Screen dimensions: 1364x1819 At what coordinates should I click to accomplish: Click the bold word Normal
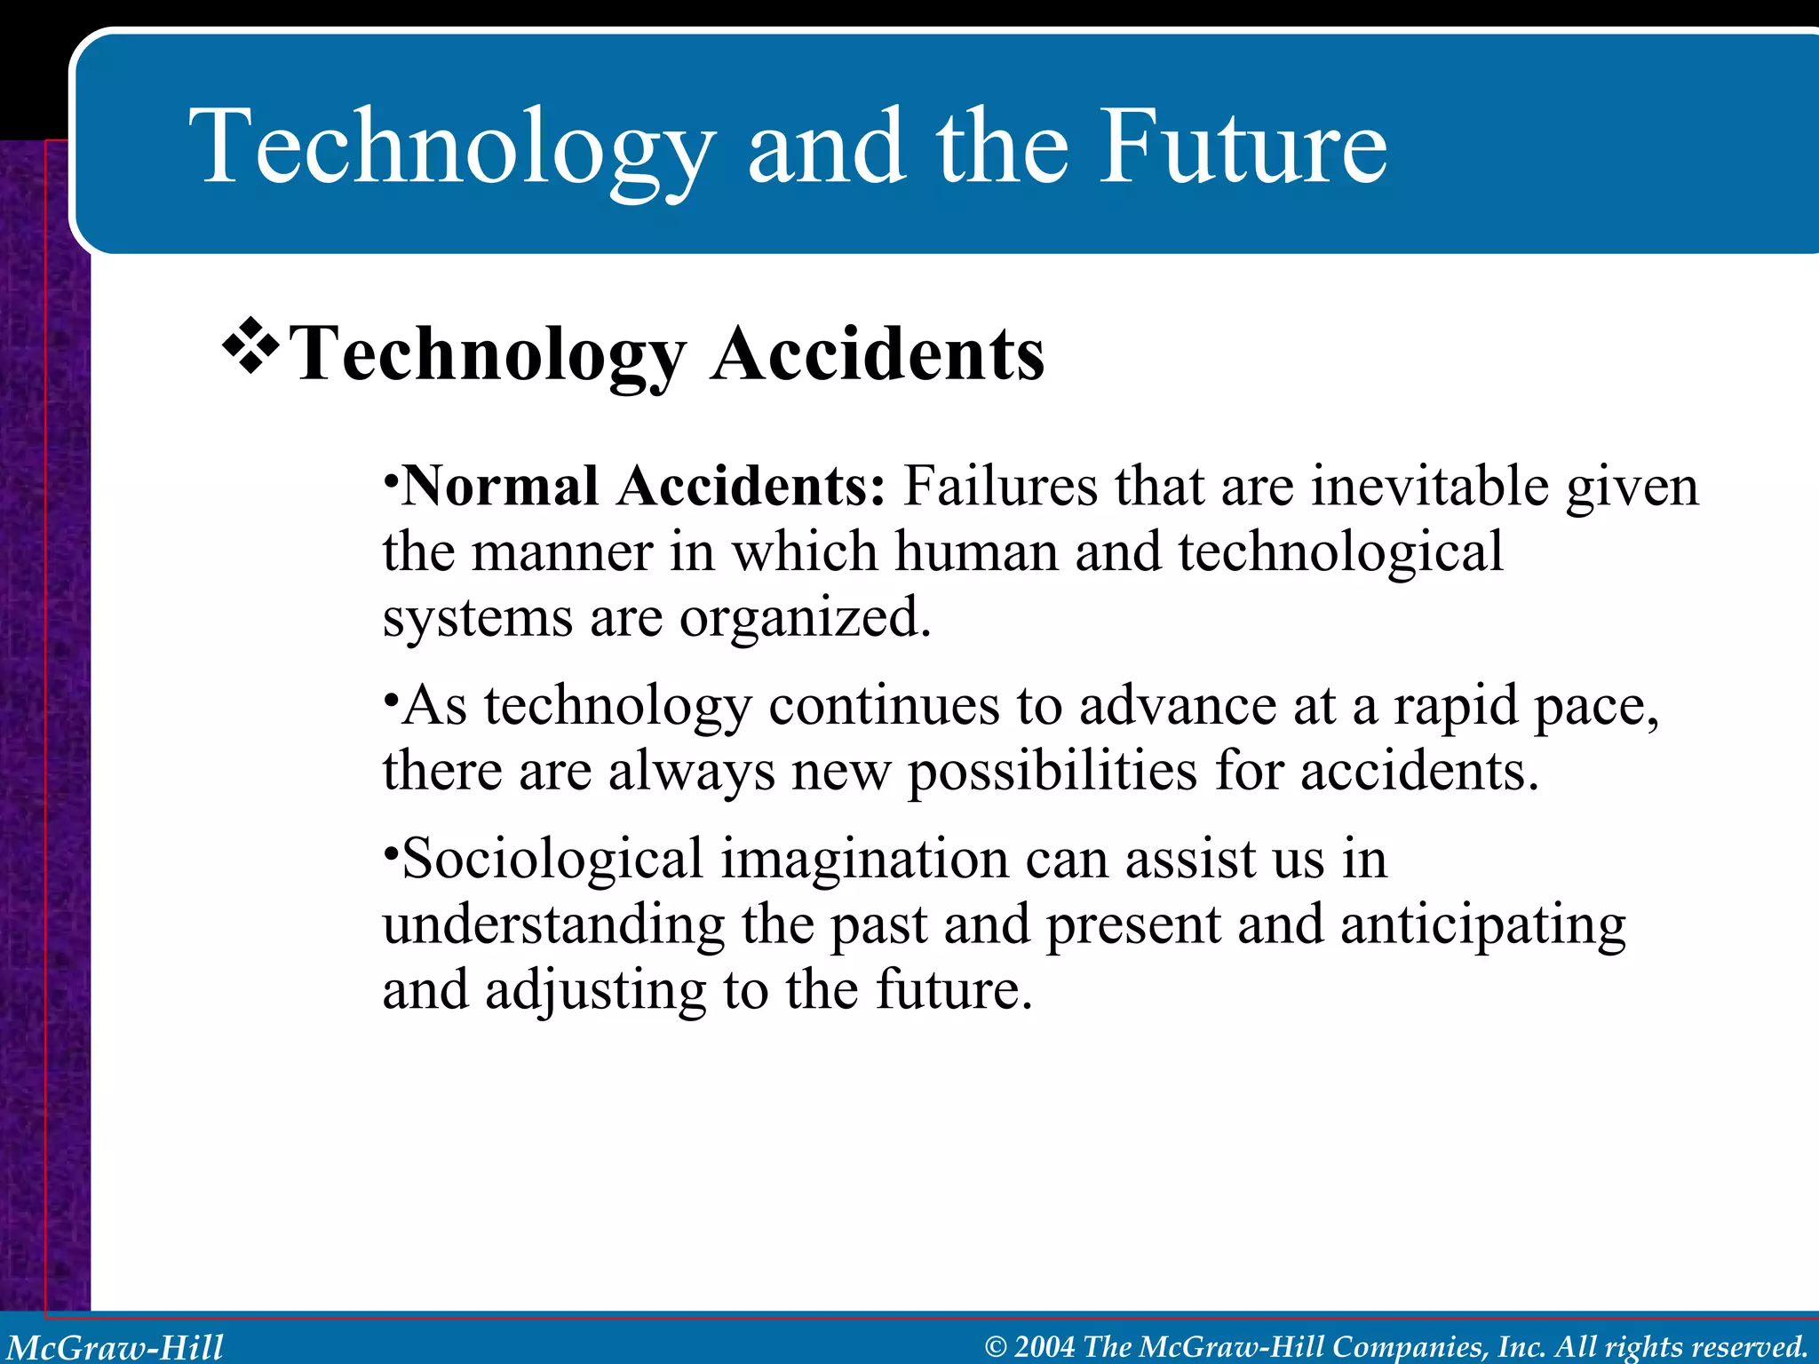[500, 487]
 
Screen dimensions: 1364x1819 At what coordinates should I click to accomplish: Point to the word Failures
[1000, 487]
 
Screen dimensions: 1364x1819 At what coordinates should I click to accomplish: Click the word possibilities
[1052, 773]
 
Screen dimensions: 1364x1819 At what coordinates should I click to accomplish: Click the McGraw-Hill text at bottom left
[115, 1347]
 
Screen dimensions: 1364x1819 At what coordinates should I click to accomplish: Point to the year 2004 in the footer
[1045, 1346]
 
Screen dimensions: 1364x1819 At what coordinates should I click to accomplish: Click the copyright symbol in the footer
[996, 1347]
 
